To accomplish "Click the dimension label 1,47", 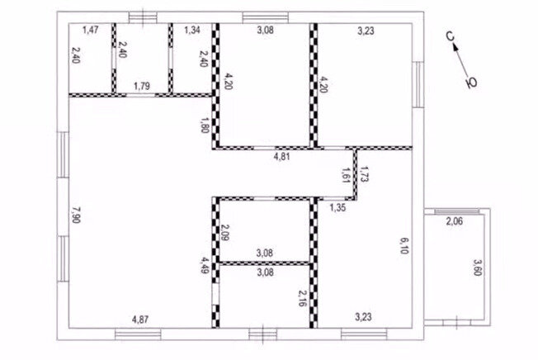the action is tap(91, 30).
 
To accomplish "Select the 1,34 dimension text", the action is tap(192, 30).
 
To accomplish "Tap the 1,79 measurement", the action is tap(142, 86).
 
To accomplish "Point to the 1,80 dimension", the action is tap(205, 126).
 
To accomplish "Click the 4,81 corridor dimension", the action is tap(281, 157).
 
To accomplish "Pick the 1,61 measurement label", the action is tap(346, 175).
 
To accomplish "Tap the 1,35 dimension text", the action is tap(337, 207).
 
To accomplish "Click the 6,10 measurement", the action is tap(403, 246).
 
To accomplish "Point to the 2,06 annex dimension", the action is tap(455, 221).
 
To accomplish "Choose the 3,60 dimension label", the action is tap(478, 268).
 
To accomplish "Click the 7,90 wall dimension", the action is tap(76, 215).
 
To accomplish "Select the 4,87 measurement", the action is tap(140, 320).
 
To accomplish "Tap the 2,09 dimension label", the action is tap(225, 233).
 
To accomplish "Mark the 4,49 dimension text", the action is tap(205, 264).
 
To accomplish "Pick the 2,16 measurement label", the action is tap(303, 298).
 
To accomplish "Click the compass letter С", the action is tap(451, 36).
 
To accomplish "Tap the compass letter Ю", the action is tap(471, 83).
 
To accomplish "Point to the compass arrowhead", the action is tap(456, 47).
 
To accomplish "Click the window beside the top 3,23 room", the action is tap(418, 84).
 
